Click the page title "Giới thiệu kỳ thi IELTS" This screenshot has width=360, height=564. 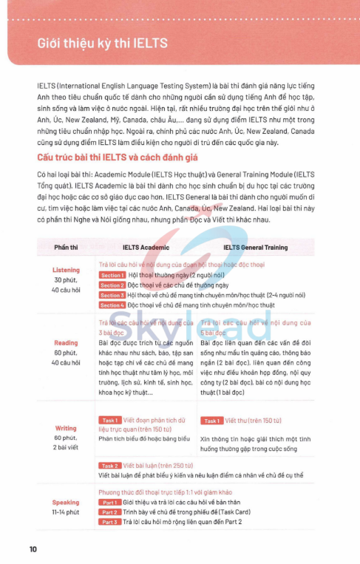coord(102,43)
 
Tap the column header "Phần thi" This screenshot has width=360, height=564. coord(65,248)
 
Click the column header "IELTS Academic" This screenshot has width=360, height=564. coord(146,248)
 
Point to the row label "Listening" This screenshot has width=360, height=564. coord(66,271)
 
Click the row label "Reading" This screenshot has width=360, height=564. coord(66,343)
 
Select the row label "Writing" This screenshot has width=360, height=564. coord(66,428)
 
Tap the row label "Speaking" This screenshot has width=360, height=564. coord(66,502)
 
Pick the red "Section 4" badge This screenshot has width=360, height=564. coord(112,305)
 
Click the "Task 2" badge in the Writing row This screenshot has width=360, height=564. coord(110,466)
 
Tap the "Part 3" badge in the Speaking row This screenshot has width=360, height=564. coord(109,522)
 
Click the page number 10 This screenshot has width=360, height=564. coord(33,548)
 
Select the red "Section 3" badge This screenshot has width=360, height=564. coord(112,295)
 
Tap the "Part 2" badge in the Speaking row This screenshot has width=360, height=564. coord(109,512)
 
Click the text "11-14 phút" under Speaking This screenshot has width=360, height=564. coord(66,512)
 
